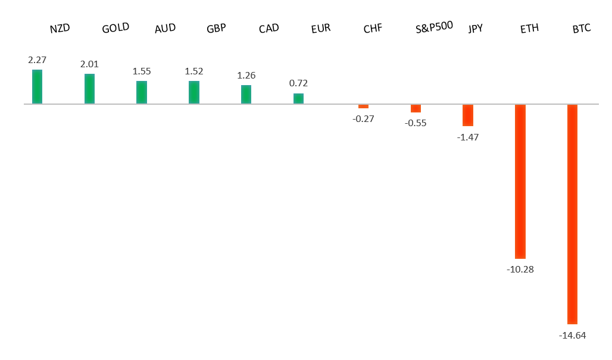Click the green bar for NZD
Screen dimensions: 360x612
tap(37, 87)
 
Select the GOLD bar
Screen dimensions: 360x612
tap(89, 89)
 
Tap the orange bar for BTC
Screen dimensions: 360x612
tap(572, 214)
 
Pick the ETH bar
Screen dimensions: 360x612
tap(520, 181)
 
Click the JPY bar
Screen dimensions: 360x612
tap(468, 115)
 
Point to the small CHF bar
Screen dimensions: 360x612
tap(363, 107)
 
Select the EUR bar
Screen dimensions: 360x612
tap(298, 98)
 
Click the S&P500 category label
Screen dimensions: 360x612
tap(434, 27)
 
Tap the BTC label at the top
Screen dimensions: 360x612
tap(581, 28)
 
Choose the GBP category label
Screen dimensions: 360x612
tap(216, 28)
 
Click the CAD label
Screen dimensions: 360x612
tap(269, 28)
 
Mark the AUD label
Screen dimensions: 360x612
tap(165, 28)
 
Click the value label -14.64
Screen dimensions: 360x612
tap(572, 336)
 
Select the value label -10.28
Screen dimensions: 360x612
tap(520, 270)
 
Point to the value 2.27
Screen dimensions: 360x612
tap(37, 60)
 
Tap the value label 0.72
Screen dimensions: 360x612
tap(298, 83)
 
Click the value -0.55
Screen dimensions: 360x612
tap(416, 123)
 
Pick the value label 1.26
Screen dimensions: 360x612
tap(246, 76)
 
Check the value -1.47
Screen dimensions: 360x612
tap(468, 137)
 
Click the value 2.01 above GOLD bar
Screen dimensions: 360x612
tap(89, 64)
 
